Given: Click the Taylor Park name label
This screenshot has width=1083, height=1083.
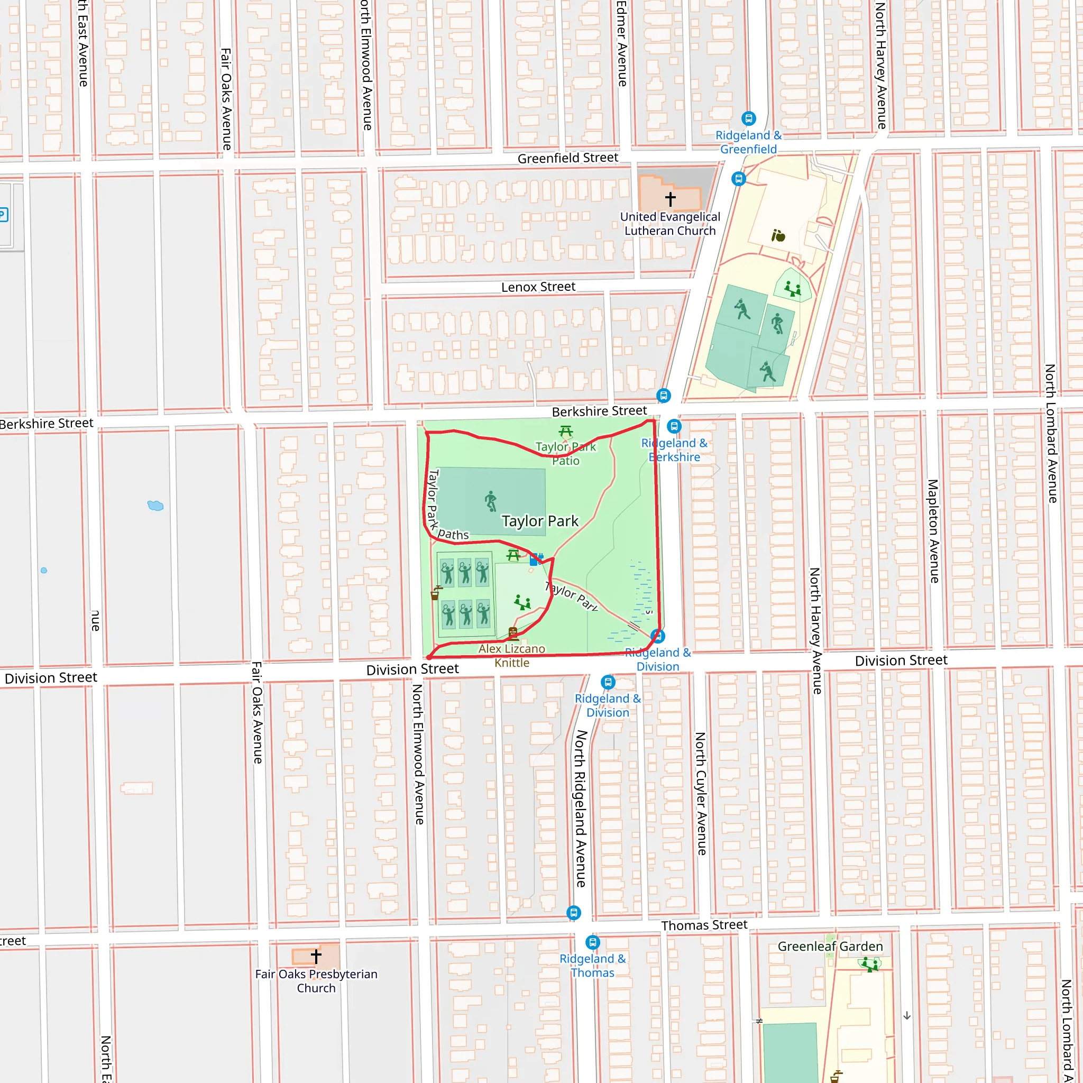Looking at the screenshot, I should coord(540,521).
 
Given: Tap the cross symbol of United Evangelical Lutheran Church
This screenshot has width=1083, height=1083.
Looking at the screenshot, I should coord(670,199).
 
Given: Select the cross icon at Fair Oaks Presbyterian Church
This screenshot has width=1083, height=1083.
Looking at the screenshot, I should coord(316,956).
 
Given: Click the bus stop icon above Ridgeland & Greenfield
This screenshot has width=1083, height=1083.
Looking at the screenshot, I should coord(748,119).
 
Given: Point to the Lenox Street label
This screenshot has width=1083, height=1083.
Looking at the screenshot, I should coord(538,287).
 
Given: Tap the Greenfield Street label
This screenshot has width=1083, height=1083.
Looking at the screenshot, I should coord(567,158).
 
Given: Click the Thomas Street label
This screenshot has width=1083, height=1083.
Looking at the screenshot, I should coord(704,925).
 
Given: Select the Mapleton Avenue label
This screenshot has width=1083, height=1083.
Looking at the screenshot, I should coord(933,531).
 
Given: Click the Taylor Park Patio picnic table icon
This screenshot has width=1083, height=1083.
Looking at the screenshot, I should coord(566,431).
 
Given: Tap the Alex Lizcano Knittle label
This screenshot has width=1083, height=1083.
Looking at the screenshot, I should coord(511,655).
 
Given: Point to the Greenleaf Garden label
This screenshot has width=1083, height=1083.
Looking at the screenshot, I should coord(830,946).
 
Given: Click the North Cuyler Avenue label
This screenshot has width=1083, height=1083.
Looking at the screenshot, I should coord(701,793).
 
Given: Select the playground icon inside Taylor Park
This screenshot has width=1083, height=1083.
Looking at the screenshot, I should coord(522,603).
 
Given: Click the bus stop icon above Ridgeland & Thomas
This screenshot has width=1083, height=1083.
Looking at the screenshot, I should coord(592,942).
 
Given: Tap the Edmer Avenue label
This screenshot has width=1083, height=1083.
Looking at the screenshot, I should coord(622,43).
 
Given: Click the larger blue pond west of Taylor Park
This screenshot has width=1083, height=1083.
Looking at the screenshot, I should coord(155,506).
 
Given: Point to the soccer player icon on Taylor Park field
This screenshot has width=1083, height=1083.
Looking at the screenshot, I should coord(491,501).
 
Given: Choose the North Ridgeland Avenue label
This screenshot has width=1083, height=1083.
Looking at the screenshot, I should coord(581,809).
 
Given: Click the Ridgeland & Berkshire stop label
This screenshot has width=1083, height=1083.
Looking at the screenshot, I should coord(674,449).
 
